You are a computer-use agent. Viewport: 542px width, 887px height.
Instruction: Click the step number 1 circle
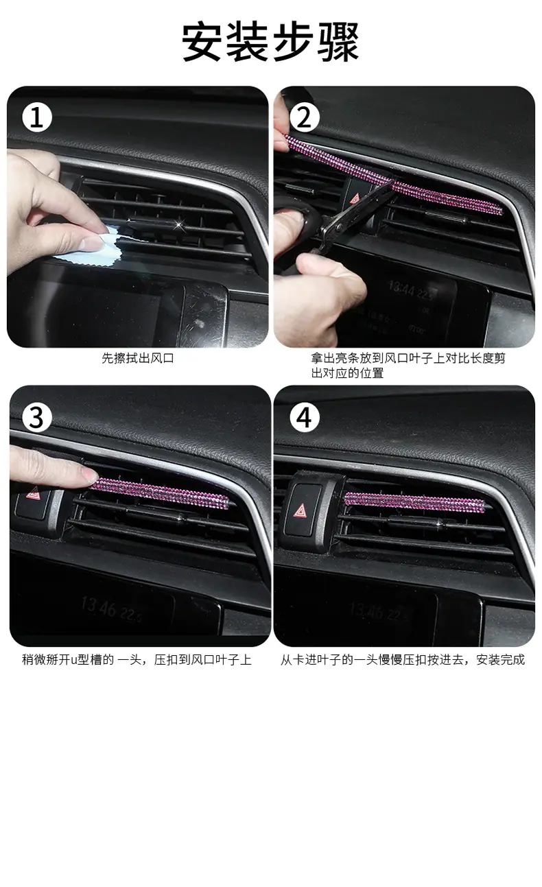tap(37, 117)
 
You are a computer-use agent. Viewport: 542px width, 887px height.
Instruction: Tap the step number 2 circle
tap(304, 117)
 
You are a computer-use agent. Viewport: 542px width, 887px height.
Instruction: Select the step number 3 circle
tap(37, 418)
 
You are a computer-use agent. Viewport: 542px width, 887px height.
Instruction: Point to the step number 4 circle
tap(304, 418)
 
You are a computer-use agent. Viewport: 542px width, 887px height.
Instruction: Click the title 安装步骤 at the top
tap(270, 42)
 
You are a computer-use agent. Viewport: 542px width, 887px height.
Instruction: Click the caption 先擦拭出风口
tap(138, 358)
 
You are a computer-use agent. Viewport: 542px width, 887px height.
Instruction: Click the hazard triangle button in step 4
tap(302, 510)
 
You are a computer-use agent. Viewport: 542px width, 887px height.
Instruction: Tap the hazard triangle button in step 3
tap(33, 493)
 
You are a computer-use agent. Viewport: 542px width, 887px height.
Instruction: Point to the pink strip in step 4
tap(414, 501)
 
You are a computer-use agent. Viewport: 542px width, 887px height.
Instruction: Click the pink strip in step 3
tap(161, 492)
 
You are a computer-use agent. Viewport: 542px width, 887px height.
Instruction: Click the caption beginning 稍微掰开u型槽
tap(137, 660)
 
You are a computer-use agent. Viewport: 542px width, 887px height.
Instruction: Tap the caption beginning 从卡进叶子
tap(403, 660)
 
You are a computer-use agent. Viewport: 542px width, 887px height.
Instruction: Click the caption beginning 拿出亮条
tap(408, 366)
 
